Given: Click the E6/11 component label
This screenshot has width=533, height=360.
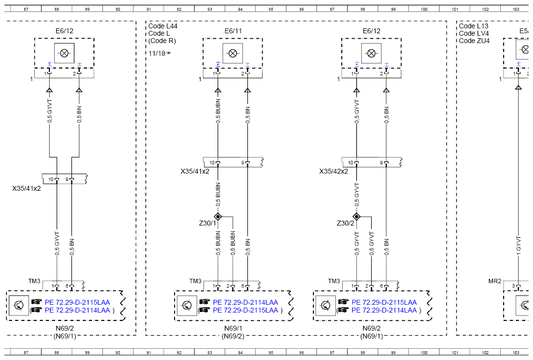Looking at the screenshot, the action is coord(233,31).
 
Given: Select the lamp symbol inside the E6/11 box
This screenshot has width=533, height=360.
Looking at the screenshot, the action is coord(233,53).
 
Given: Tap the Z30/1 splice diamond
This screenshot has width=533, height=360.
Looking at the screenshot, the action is coord(218,217).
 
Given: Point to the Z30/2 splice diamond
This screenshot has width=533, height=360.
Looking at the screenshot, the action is coord(356,217).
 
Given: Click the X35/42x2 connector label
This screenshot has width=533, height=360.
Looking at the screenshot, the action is coord(333,171).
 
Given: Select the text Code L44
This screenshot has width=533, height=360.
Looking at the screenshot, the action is coord(163,26).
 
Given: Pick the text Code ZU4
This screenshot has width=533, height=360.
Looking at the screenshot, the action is coord(474,41).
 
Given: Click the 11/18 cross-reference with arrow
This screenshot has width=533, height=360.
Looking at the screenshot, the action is coord(159,53).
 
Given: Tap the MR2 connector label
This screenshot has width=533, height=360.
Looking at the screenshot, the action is coord(495,281).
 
